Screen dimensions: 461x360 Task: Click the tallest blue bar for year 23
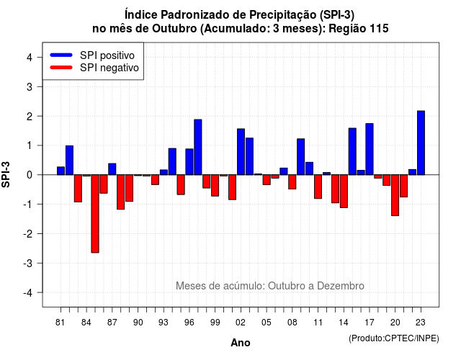pyautogui.click(x=421, y=143)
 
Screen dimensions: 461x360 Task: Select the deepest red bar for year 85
pyautogui.click(x=95, y=214)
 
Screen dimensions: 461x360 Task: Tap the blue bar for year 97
pyautogui.click(x=198, y=147)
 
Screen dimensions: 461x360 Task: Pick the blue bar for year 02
pyautogui.click(x=241, y=152)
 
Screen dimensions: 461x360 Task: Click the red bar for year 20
pyautogui.click(x=395, y=195)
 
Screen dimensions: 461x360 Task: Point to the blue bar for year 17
pyautogui.click(x=370, y=149)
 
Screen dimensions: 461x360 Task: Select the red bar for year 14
pyautogui.click(x=344, y=192)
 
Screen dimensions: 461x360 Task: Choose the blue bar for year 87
pyautogui.click(x=112, y=169)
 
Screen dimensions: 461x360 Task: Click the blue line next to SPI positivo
pyautogui.click(x=61, y=55)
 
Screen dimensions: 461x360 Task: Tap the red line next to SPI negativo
pyautogui.click(x=61, y=67)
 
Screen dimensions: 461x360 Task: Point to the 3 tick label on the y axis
pyautogui.click(x=30, y=86)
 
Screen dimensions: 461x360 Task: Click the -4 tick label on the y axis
pyautogui.click(x=28, y=292)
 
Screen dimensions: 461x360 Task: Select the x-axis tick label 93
pyautogui.click(x=164, y=323)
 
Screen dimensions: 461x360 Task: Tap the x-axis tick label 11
pyautogui.click(x=318, y=323)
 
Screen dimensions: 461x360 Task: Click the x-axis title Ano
pyautogui.click(x=241, y=343)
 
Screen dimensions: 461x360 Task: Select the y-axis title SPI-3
pyautogui.click(x=6, y=174)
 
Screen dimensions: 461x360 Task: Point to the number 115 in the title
pyautogui.click(x=379, y=29)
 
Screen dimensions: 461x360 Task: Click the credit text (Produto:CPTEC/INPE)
pyautogui.click(x=394, y=338)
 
